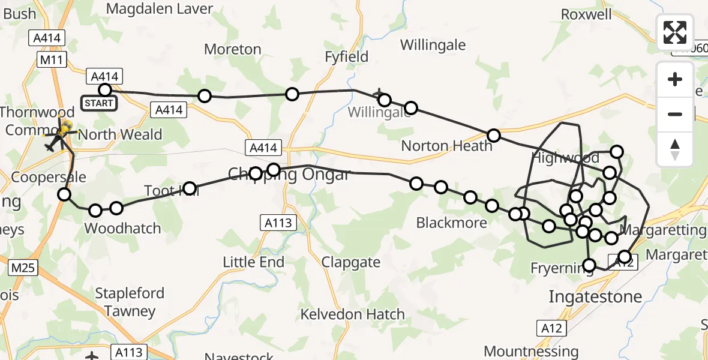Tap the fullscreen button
tap(675, 32)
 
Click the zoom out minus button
tap(675, 114)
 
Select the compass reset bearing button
tap(675, 149)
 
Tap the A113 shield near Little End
tap(278, 223)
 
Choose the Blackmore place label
tap(452, 223)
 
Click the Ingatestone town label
tap(595, 296)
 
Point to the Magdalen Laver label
tap(160, 8)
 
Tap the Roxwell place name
tap(586, 14)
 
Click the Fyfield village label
tap(346, 57)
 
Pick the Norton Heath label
tap(446, 146)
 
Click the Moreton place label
tap(233, 49)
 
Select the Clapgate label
tap(351, 262)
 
